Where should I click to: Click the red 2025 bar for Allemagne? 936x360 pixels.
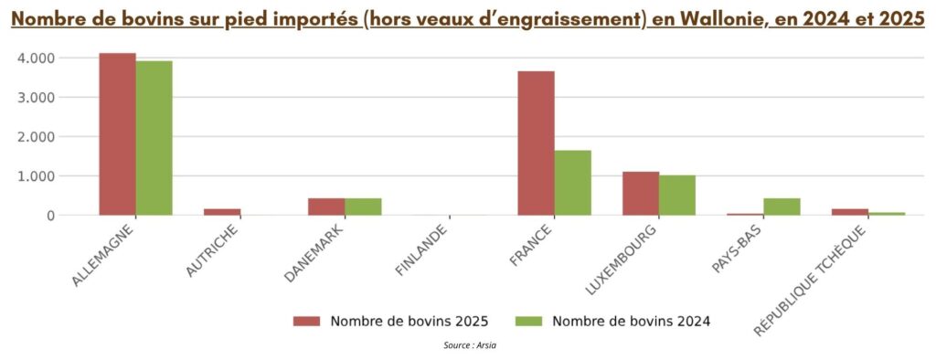(x=118, y=134)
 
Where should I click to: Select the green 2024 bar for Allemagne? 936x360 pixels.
(x=154, y=138)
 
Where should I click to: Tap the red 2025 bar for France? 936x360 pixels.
(x=536, y=143)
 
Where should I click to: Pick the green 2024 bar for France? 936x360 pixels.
(x=573, y=183)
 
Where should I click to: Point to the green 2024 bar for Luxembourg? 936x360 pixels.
(x=677, y=196)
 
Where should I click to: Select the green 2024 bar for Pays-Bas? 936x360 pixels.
(x=782, y=206)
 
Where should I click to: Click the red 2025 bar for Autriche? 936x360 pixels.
(x=222, y=212)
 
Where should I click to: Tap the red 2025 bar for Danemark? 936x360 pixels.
(x=326, y=206)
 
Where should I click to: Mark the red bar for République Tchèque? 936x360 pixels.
(x=850, y=212)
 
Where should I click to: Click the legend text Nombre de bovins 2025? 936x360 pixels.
(x=409, y=321)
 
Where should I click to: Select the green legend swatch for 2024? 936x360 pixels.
(x=529, y=321)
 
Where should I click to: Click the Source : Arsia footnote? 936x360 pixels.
(x=470, y=345)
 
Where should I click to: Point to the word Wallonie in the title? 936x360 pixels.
(x=707, y=20)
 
